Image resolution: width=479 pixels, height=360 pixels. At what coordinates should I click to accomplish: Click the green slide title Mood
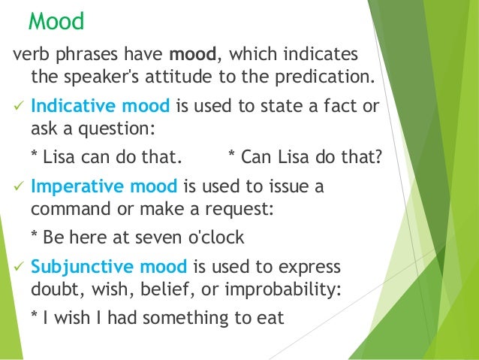point(56,21)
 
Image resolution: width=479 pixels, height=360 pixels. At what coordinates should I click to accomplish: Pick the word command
point(68,208)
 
